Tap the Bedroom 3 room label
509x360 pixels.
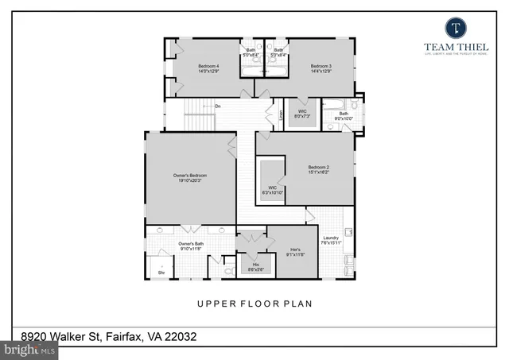tap(321, 68)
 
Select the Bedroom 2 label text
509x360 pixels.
tap(318, 170)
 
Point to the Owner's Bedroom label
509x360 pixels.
tap(190, 177)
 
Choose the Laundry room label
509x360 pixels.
tap(332, 241)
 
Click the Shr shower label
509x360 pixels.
tap(161, 272)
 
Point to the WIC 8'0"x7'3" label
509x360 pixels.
tap(302, 114)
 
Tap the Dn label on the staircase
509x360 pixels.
tap(217, 106)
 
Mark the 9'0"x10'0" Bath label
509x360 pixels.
tap(344, 116)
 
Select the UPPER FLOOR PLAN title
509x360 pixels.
tap(254, 304)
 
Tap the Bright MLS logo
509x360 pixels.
tap(30, 349)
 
